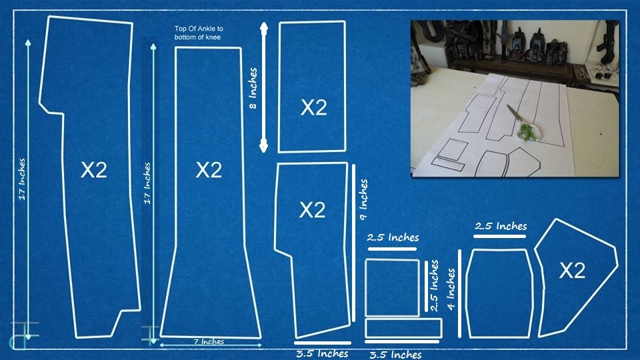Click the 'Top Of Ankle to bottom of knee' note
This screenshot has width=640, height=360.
click(199, 33)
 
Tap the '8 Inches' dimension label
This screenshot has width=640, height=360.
click(253, 88)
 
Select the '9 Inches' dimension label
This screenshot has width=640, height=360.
click(363, 199)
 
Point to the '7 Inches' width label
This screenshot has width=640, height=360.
click(209, 341)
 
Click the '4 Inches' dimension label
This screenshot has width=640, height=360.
click(451, 289)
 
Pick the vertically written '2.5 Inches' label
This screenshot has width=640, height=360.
click(434, 285)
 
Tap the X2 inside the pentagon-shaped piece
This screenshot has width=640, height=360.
click(572, 270)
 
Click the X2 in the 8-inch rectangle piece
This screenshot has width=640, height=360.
click(313, 107)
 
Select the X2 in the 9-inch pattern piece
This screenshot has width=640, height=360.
click(312, 210)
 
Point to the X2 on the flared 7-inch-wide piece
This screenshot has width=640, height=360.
click(209, 169)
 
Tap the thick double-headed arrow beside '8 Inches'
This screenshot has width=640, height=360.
click(264, 87)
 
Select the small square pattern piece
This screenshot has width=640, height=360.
click(392, 287)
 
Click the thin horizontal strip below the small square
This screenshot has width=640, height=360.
click(403, 328)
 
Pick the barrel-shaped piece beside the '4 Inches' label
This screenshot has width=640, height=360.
click(499, 293)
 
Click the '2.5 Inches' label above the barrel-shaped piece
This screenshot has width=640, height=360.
click(501, 226)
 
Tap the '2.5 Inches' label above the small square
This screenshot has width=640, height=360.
click(393, 237)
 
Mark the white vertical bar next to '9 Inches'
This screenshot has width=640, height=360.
click(353, 243)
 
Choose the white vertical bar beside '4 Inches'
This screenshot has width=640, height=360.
click(459, 293)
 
